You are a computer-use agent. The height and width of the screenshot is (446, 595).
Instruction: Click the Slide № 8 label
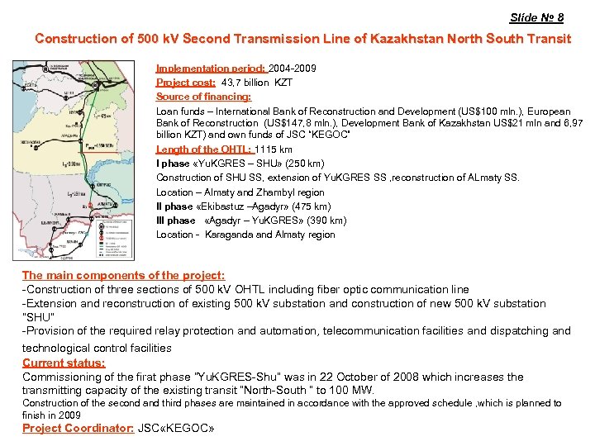(536, 17)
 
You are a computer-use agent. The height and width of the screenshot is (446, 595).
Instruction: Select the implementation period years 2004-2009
(292, 69)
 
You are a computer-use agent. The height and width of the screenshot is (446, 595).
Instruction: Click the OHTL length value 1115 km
(274, 149)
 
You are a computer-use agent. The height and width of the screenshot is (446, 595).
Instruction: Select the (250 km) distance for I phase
(305, 164)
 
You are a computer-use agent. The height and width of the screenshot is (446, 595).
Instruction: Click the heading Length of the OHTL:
(204, 149)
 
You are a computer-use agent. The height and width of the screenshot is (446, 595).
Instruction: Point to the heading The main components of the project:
(123, 275)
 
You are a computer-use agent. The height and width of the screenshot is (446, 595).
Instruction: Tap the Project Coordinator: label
(78, 428)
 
